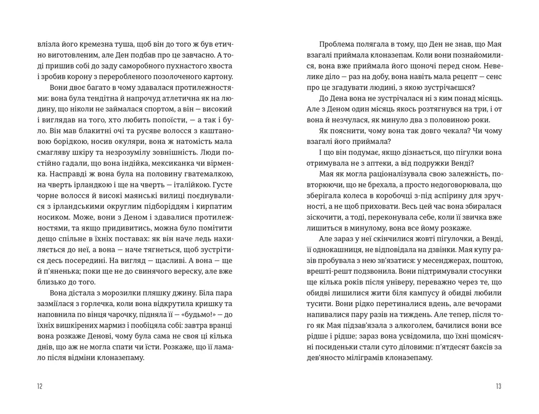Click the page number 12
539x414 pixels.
tap(39, 386)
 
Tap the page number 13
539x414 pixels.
tap(498, 386)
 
